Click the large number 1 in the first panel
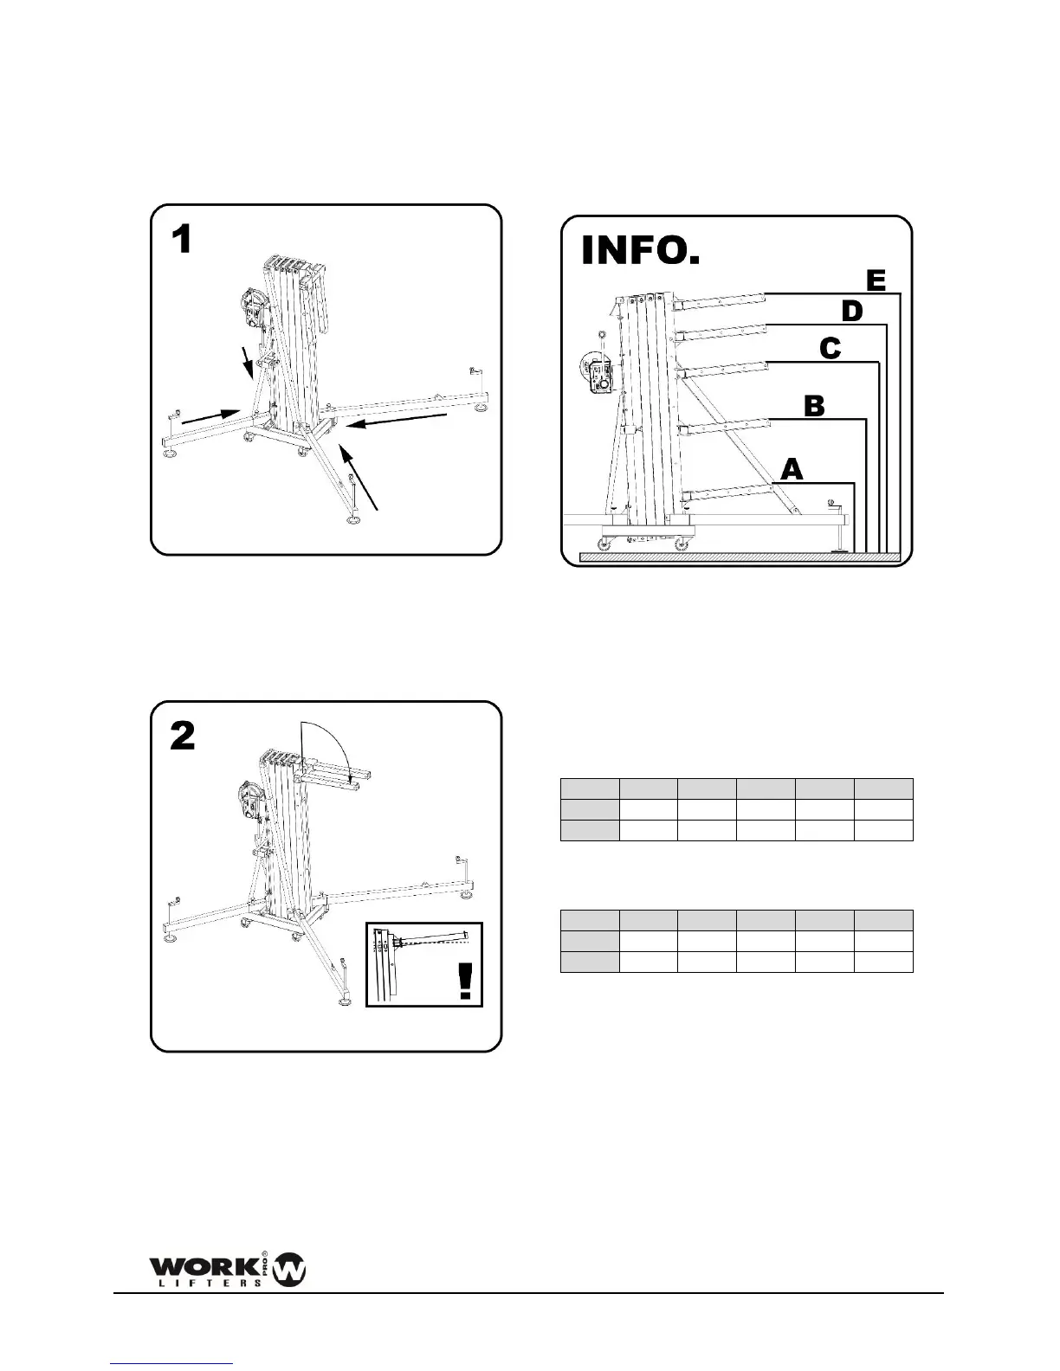point(182,240)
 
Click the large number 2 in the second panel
point(183,737)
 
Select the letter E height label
point(876,280)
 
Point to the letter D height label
point(852,312)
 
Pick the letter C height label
point(830,349)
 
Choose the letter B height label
point(814,406)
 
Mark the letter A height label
point(792,470)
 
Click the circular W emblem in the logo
point(289,1271)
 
